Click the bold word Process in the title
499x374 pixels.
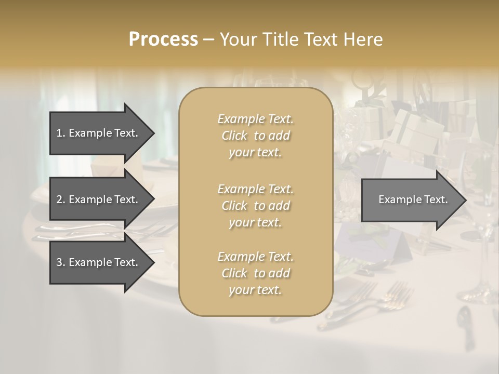pos(163,39)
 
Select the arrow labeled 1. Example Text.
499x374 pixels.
pos(99,133)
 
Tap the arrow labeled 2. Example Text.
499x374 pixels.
pos(99,199)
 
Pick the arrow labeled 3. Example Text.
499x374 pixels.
pos(99,262)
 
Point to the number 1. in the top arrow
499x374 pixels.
pos(60,133)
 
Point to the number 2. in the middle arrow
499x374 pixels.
pos(60,199)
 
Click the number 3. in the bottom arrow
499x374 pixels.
pos(60,262)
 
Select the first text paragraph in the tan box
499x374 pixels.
pos(255,136)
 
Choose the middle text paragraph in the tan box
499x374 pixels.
pos(255,206)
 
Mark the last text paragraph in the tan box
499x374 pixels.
pos(255,273)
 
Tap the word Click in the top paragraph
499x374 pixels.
pos(234,136)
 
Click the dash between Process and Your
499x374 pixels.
pos(209,39)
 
